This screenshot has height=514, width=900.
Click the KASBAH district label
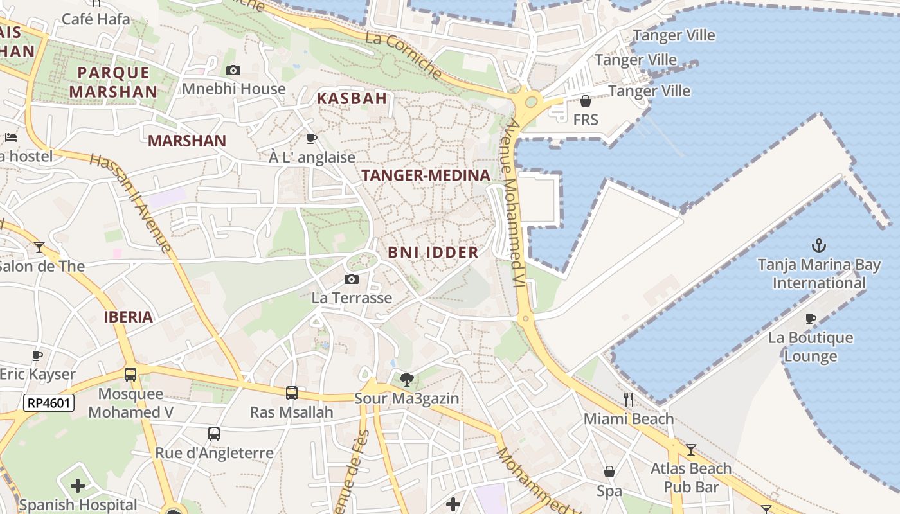(x=352, y=98)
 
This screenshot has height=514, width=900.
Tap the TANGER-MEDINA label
(x=426, y=175)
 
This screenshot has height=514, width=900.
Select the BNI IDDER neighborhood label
(x=433, y=253)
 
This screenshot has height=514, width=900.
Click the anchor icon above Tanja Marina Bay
(x=818, y=245)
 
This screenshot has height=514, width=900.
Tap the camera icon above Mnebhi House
(x=233, y=70)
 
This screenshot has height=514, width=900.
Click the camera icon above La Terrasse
(x=351, y=279)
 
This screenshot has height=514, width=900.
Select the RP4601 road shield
(x=49, y=403)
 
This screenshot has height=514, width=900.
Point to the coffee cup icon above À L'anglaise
(x=312, y=138)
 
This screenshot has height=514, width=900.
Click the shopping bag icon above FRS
(x=586, y=101)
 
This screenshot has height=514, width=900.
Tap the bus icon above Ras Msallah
(x=291, y=393)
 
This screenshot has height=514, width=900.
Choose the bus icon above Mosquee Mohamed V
(x=130, y=374)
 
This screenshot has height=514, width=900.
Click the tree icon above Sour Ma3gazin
(x=406, y=379)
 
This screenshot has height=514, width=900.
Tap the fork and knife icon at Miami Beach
(x=629, y=400)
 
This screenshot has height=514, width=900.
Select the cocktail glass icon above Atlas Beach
(x=691, y=449)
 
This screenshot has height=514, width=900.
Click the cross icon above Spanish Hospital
(x=78, y=486)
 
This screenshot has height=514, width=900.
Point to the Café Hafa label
(x=96, y=19)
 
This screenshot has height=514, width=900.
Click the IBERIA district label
(x=129, y=317)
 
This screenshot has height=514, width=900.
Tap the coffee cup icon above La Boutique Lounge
(x=810, y=319)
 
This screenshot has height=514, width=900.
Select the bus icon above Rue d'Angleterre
(x=214, y=434)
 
